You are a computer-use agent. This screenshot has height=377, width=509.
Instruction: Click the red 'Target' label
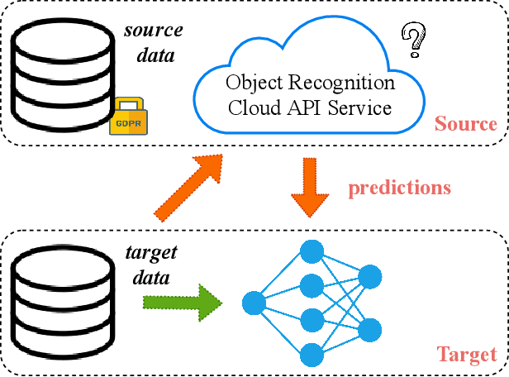tap(466, 355)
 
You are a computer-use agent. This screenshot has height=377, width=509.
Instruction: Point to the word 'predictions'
tap(399, 188)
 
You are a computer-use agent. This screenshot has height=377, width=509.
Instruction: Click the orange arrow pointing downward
tap(311, 189)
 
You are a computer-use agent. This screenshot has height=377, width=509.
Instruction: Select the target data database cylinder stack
tap(63, 301)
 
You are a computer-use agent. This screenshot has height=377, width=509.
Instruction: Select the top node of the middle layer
tap(311, 251)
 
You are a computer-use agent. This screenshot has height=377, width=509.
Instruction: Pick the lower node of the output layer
tap(369, 329)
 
